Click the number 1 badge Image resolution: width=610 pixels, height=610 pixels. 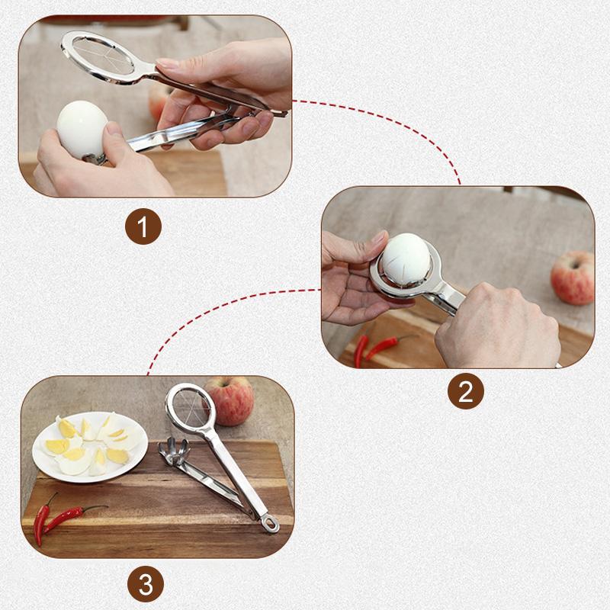pos(144,227)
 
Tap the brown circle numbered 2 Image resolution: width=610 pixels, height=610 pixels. pos(466,391)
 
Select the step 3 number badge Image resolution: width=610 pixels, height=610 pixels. pos(144,585)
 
